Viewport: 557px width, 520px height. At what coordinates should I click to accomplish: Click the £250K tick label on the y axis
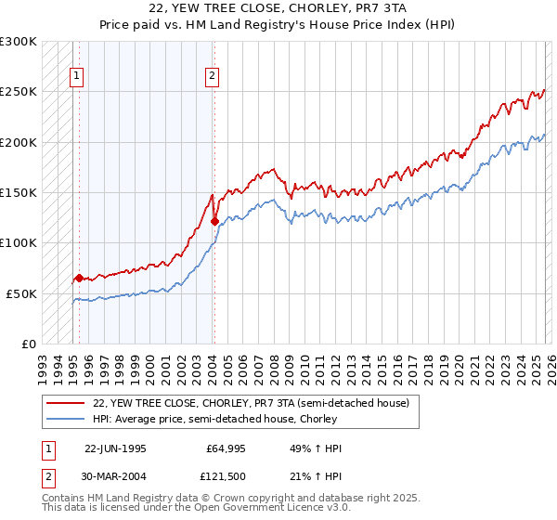click(19, 92)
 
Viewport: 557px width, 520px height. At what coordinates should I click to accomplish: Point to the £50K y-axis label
click(21, 293)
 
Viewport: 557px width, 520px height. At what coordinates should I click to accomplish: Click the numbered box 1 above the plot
click(75, 77)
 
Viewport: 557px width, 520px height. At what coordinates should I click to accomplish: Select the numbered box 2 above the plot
click(213, 77)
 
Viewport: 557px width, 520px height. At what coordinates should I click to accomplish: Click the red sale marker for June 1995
click(79, 278)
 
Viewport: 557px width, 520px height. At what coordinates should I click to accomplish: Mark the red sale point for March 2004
click(214, 221)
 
